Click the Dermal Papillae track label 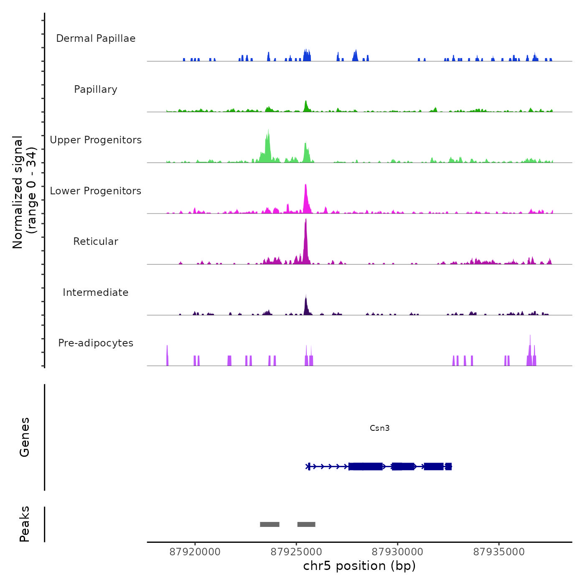click(96, 38)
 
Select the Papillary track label click(96, 89)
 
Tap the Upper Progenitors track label click(96, 140)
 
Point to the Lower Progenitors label click(96, 191)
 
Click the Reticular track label click(96, 242)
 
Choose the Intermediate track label click(96, 292)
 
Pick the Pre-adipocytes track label click(96, 343)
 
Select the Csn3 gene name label click(379, 428)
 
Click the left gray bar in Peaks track click(270, 524)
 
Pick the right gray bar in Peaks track click(306, 524)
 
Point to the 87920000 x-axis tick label click(195, 552)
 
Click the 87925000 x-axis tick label click(296, 552)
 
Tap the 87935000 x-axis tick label click(499, 552)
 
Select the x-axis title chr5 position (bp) click(359, 566)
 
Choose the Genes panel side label click(25, 437)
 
